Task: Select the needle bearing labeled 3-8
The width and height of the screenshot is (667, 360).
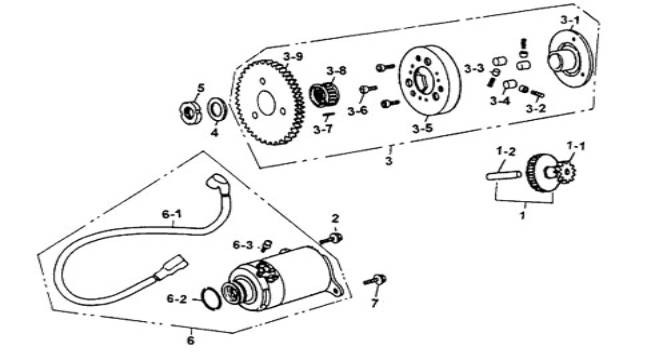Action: coord(324,95)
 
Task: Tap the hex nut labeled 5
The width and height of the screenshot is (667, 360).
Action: coord(190,112)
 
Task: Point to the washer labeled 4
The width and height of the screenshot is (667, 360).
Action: coord(217,111)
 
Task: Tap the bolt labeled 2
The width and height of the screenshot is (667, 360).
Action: coord(331,239)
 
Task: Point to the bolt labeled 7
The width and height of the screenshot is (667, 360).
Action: coord(375,280)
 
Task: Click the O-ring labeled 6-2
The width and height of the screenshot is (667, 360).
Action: coord(211,298)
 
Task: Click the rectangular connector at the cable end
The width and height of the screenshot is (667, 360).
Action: coord(172,267)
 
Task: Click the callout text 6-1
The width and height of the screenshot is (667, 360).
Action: coord(171,214)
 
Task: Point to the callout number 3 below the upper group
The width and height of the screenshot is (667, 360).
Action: coord(389,161)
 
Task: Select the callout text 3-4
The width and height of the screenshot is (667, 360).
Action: coord(500,101)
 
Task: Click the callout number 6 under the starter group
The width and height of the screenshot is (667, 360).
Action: coord(191,340)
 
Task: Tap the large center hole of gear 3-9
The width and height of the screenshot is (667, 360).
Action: coord(266,103)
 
